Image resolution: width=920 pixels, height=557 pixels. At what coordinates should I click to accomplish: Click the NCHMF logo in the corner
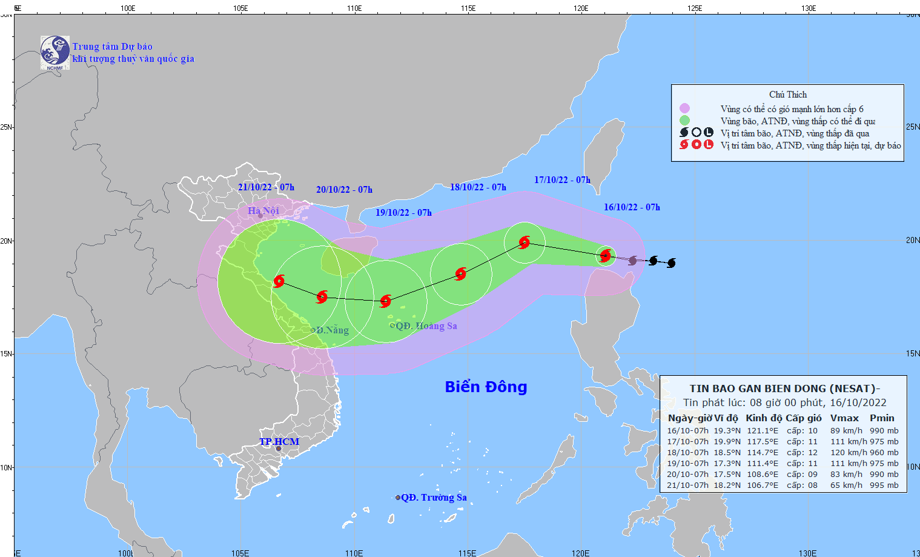55,52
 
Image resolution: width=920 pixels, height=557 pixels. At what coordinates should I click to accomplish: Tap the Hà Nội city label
263,211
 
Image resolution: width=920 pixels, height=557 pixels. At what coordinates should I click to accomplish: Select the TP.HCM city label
279,441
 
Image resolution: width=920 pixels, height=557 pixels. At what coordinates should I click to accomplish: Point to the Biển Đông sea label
486,387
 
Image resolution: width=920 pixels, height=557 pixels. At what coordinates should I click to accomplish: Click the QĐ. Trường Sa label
434,498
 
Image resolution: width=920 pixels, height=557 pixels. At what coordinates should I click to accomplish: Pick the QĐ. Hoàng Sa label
426,326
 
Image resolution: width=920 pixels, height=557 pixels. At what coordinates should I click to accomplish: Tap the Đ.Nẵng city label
332,330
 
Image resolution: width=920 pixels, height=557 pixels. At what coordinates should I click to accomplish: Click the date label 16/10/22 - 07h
632,207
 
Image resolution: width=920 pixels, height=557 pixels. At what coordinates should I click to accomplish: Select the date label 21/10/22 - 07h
266,187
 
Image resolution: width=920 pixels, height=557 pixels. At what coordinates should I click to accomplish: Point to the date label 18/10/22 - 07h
478,187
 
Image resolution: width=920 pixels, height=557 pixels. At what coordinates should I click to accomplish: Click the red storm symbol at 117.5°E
525,242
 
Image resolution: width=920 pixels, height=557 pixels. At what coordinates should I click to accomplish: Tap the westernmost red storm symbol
279,281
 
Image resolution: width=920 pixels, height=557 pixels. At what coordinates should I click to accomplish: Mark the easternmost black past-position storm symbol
670,263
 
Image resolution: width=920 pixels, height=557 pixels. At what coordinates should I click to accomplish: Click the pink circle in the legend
684,108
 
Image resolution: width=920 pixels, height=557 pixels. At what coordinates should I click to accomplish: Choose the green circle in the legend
684,121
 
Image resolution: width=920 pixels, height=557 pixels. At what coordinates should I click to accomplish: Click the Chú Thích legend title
787,95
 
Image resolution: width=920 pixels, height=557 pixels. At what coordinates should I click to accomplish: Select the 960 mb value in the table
884,453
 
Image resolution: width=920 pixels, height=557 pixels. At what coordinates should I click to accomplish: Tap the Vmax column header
844,418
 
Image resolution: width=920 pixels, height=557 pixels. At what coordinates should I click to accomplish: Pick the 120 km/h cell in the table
847,453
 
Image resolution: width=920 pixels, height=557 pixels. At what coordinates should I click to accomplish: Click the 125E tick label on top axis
695,8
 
